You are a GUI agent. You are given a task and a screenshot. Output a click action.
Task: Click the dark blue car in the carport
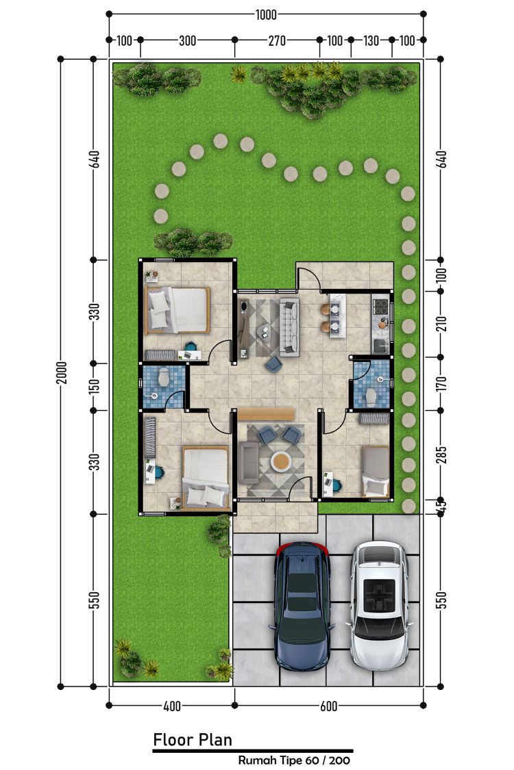(x=302, y=606)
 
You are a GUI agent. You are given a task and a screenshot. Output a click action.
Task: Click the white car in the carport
(x=379, y=606)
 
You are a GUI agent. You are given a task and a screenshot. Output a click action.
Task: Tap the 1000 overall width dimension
(x=266, y=15)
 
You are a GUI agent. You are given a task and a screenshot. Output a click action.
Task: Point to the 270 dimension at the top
(x=277, y=40)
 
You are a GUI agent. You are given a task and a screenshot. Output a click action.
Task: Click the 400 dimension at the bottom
(x=171, y=706)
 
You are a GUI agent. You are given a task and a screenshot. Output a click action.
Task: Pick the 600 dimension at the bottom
(x=328, y=706)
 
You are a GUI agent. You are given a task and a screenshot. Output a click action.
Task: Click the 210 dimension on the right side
(x=441, y=324)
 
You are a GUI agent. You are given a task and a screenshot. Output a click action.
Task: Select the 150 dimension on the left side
(x=95, y=386)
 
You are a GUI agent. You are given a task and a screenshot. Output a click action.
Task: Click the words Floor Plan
(x=193, y=740)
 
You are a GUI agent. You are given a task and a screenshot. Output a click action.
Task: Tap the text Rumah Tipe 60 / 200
(x=294, y=760)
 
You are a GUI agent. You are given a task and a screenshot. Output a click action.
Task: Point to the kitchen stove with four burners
(x=380, y=307)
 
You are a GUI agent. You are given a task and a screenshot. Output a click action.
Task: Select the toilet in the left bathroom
(x=163, y=378)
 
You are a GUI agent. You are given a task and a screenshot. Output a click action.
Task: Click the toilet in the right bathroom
(x=372, y=396)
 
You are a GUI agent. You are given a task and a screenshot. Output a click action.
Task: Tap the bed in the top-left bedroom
(x=178, y=310)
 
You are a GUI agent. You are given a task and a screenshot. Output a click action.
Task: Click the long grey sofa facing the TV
(x=290, y=326)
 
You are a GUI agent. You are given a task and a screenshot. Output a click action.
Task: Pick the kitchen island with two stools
(x=337, y=316)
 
